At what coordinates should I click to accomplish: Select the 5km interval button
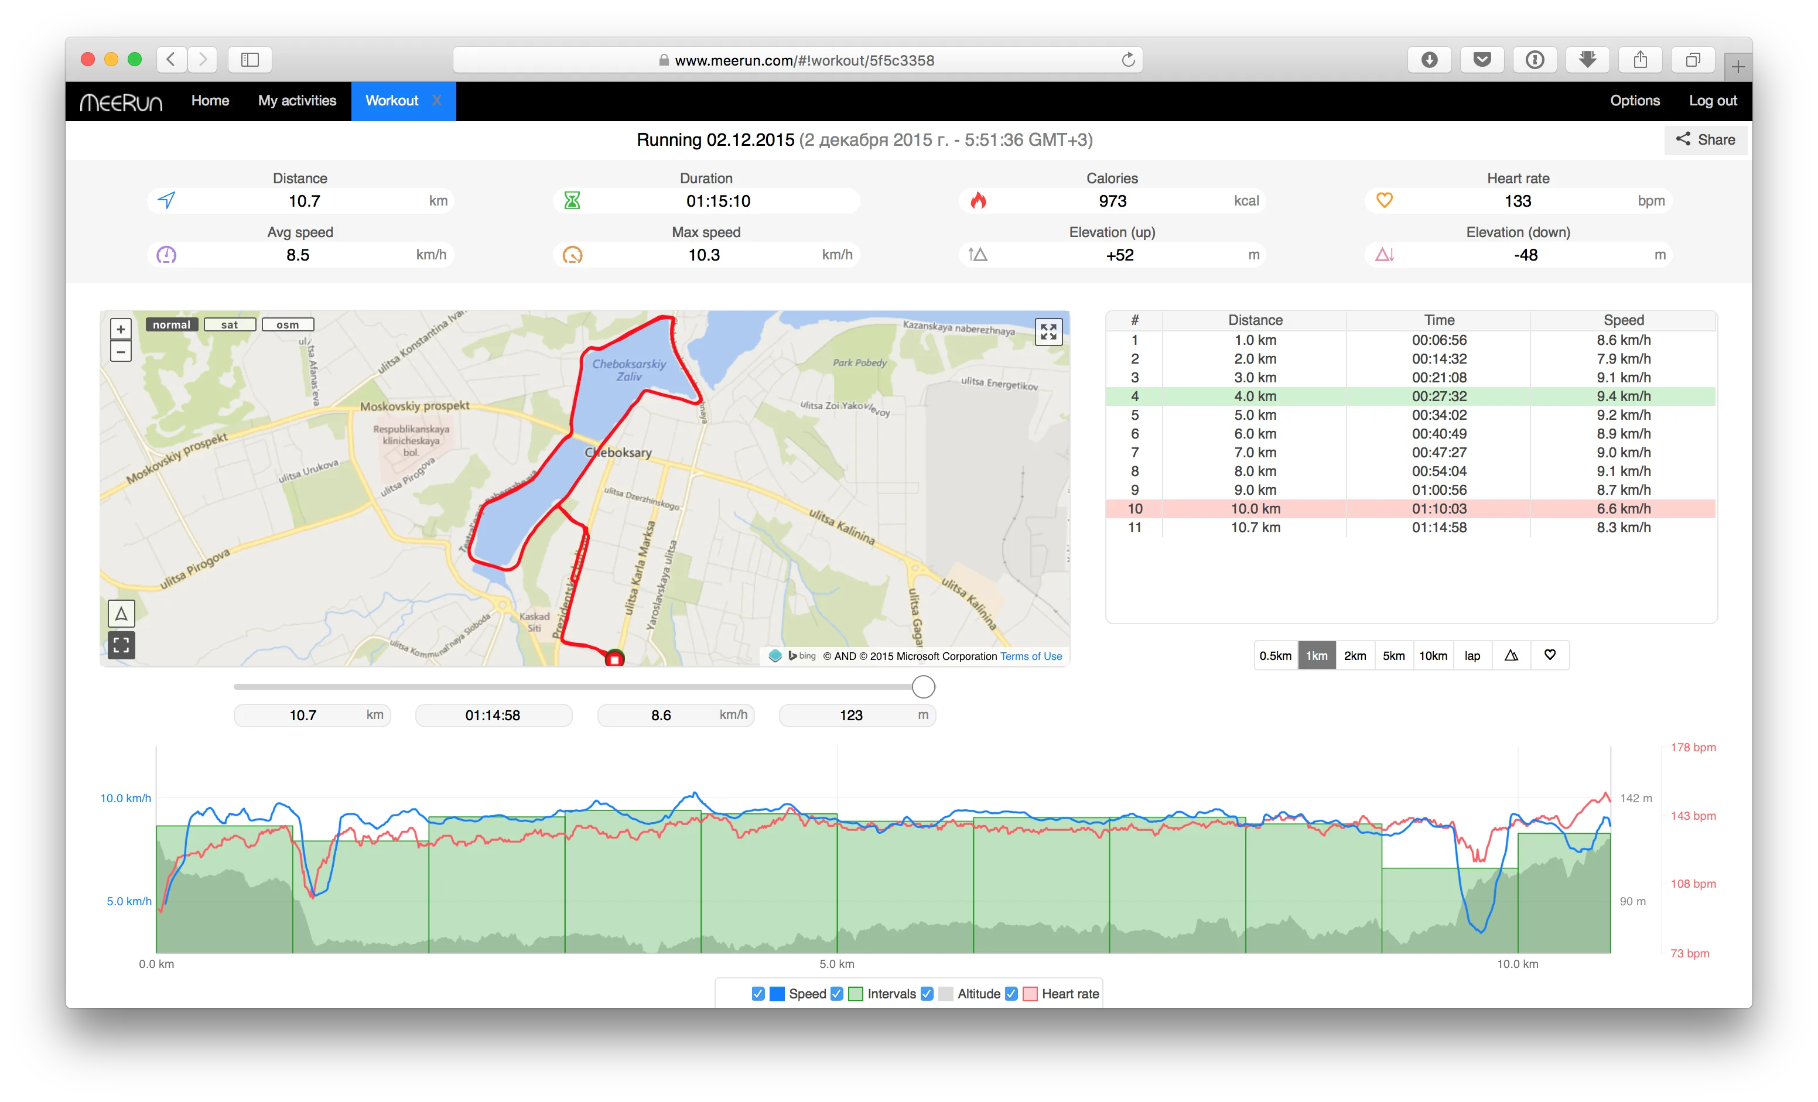[1393, 656]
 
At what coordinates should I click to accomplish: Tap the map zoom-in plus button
[121, 329]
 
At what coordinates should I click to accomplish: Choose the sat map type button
[230, 324]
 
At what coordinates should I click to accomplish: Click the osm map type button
[288, 324]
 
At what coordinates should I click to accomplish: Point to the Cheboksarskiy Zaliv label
[628, 369]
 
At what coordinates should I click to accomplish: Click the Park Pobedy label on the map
[860, 363]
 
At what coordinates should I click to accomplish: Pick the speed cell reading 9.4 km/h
[1623, 396]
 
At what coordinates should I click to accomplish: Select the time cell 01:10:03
[1438, 508]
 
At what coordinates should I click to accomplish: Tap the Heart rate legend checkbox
[1011, 994]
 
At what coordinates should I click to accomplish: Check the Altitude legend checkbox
[927, 994]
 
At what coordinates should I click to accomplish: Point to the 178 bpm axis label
[1693, 747]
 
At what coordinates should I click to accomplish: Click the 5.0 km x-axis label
[837, 964]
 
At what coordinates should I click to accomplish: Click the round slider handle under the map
[923, 687]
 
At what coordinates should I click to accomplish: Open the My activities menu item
[296, 100]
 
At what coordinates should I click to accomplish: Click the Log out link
[1713, 100]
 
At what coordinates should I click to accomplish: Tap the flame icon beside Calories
[978, 201]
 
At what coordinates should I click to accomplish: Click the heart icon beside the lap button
[1549, 655]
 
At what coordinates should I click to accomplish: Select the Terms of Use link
[1031, 656]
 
